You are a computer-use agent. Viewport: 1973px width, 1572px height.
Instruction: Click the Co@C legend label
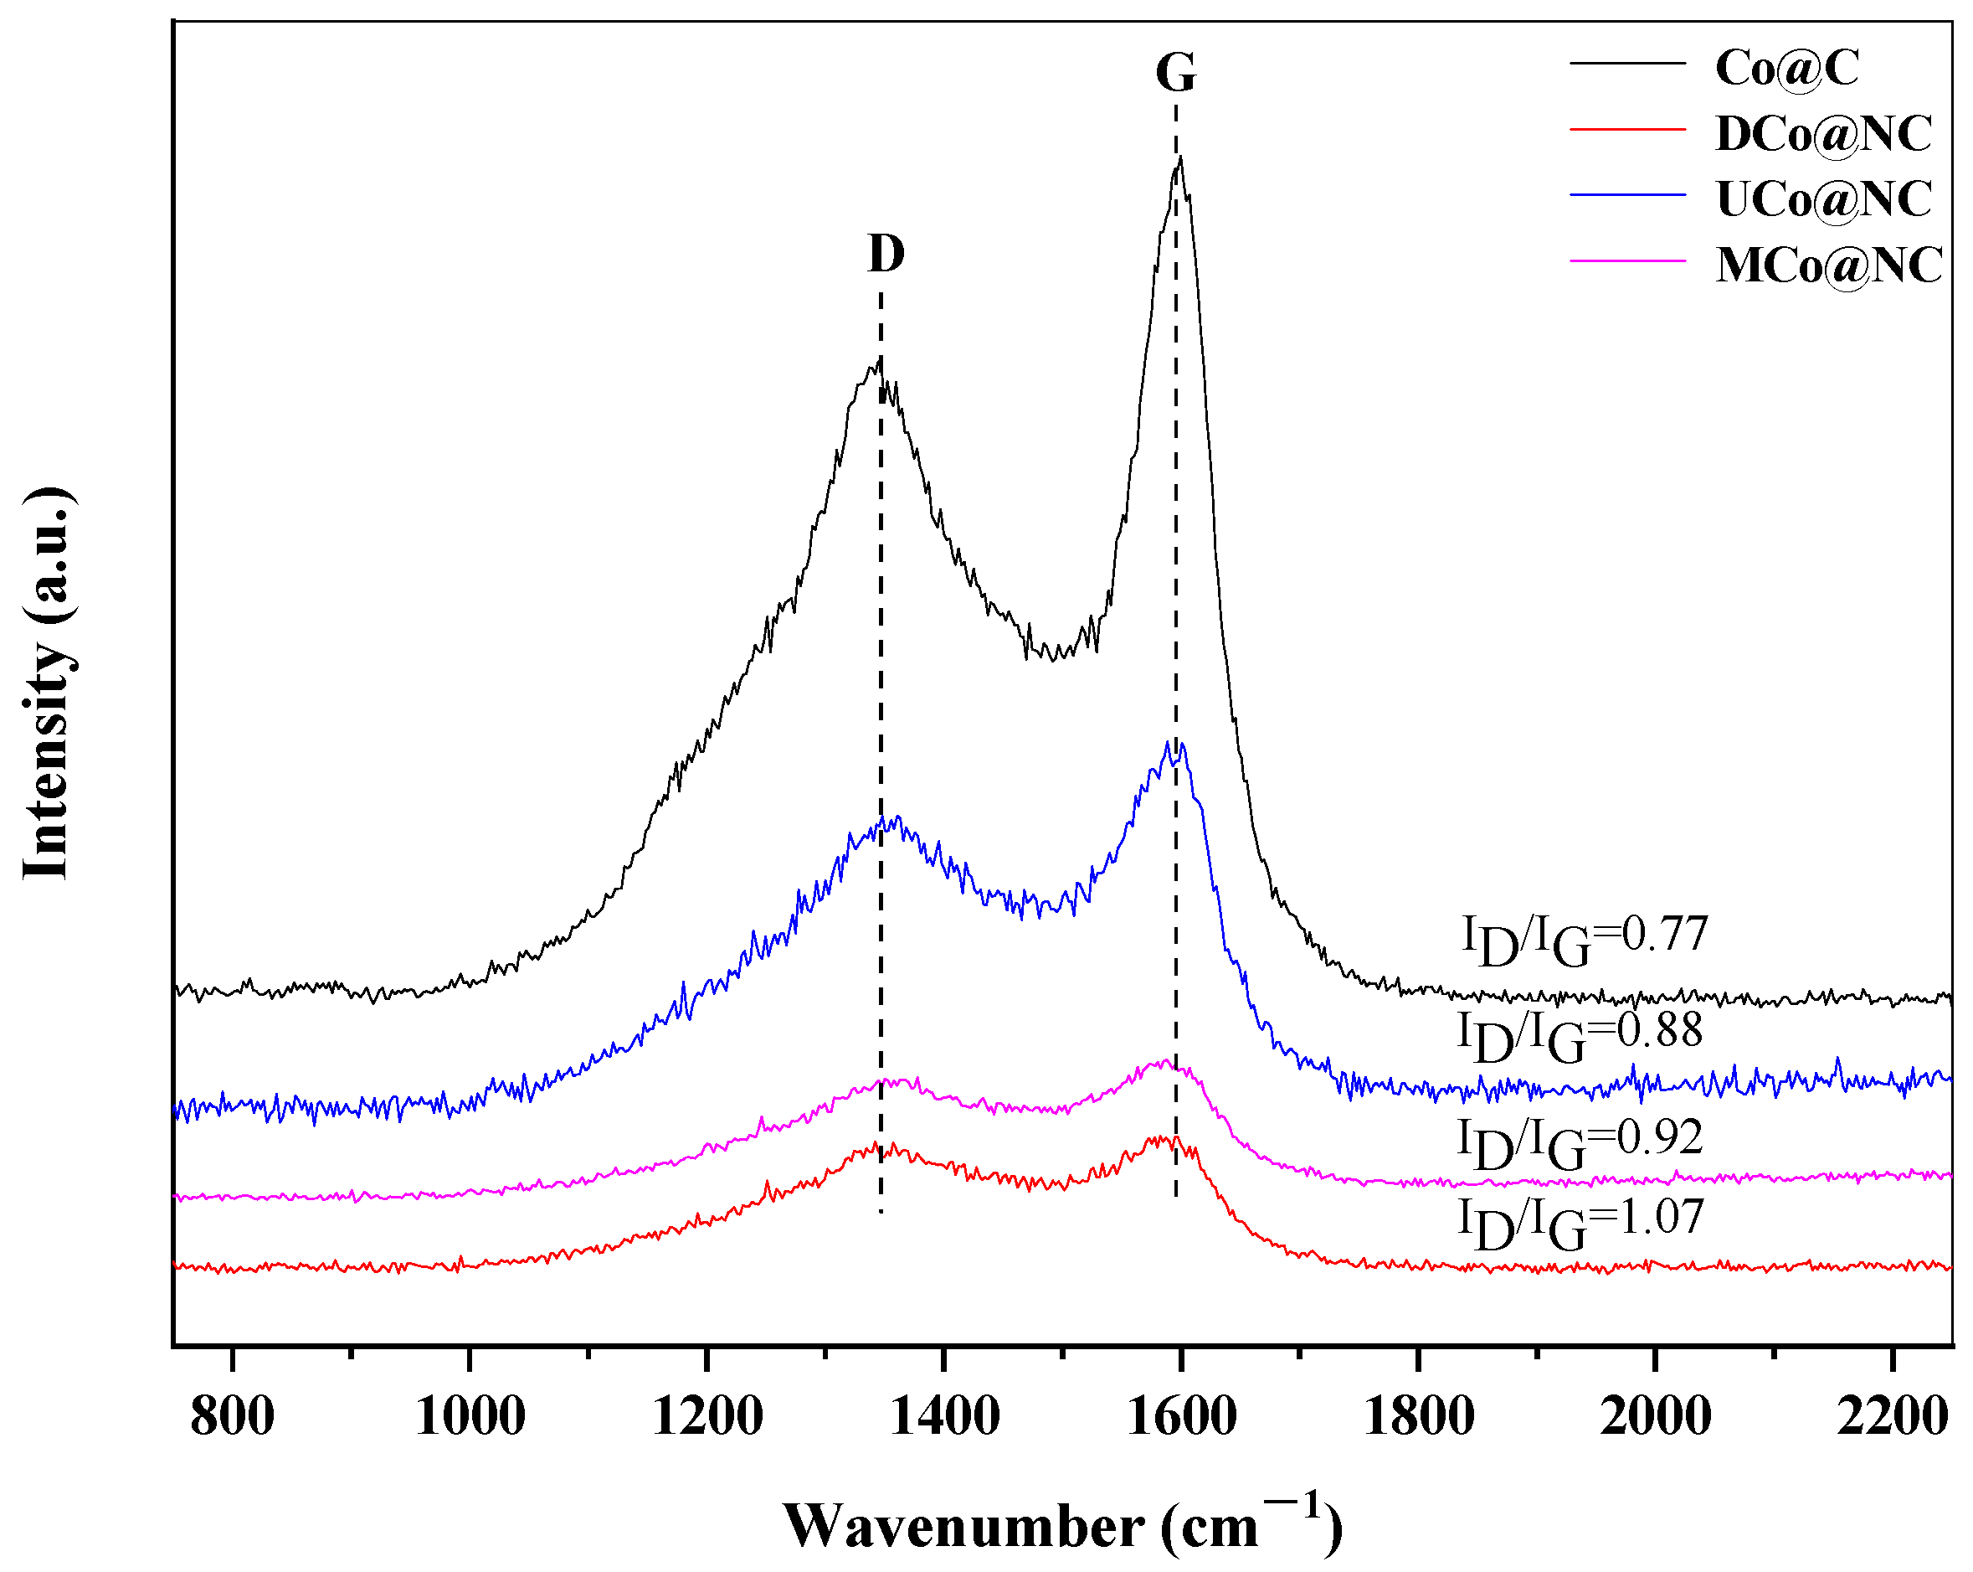pos(1785,67)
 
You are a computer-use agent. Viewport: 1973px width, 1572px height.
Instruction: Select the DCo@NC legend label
pos(1823,134)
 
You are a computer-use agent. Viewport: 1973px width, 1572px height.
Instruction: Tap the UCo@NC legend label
pos(1823,198)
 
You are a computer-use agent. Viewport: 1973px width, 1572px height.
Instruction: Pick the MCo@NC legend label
pos(1827,265)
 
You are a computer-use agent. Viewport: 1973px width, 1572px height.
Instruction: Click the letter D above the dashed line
pos(885,254)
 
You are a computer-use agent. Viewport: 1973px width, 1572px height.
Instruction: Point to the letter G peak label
pos(1175,72)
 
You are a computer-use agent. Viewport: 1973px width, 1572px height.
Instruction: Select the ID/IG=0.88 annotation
pos(1580,1035)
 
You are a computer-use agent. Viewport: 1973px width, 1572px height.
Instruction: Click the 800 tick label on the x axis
pos(233,1416)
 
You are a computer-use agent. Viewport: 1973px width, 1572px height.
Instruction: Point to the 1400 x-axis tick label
pos(943,1416)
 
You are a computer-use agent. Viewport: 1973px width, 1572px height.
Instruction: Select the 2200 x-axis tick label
pos(1893,1416)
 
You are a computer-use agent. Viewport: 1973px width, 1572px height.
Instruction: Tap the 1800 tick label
pos(1419,1416)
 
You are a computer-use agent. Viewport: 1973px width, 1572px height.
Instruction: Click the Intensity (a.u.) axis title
pos(46,682)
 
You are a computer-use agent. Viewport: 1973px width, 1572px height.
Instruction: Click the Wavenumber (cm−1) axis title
pos(1061,1524)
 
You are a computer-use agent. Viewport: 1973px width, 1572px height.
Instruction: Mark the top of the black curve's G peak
pos(1180,158)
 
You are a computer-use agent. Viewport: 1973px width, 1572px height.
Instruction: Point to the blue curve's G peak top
pos(1168,743)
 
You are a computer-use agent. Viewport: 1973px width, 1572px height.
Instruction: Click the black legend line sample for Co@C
pos(1627,63)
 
